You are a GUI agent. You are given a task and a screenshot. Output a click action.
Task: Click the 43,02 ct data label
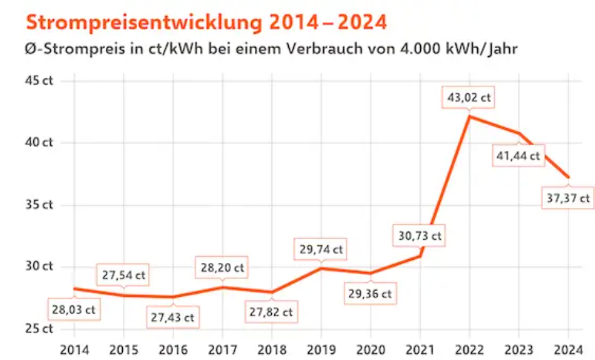tap(468, 98)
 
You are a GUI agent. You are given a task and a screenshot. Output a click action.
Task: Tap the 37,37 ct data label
tap(568, 198)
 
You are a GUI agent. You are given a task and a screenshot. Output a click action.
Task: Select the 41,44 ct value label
tap(519, 157)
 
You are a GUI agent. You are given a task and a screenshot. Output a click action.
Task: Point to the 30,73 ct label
tap(420, 236)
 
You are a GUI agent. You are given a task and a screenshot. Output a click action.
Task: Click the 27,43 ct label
tap(172, 317)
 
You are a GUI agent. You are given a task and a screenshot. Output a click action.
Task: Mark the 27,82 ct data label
tap(271, 312)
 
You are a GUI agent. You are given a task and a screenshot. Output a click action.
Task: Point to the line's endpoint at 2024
tap(568, 177)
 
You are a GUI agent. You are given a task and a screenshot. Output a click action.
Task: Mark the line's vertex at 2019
tap(321, 269)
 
